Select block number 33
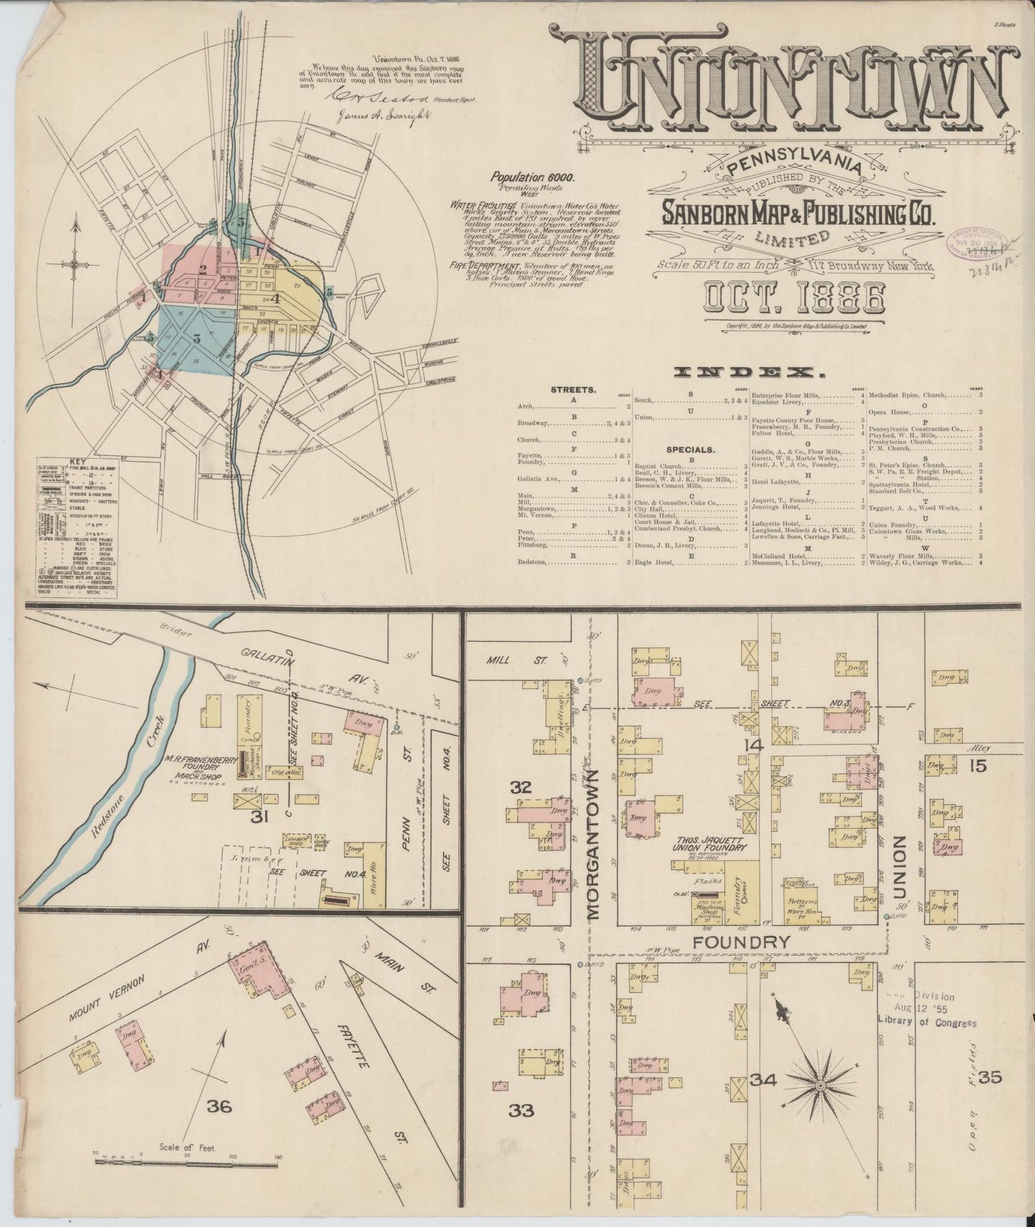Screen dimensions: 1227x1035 tap(521, 1110)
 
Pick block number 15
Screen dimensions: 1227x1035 tap(978, 766)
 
